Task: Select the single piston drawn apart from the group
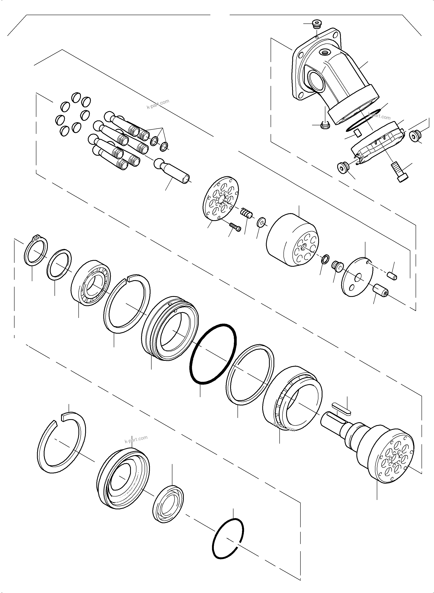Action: [x=173, y=172]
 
